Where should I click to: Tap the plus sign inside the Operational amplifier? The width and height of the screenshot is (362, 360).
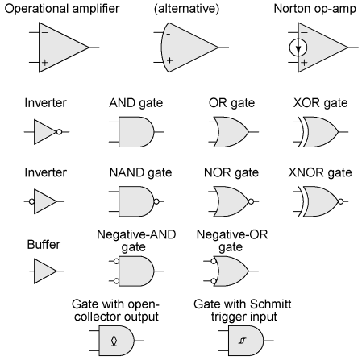45,63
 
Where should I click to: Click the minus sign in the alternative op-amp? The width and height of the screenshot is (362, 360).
169,35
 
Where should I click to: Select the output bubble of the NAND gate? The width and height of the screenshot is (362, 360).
156,201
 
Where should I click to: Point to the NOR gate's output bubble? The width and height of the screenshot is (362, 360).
251,201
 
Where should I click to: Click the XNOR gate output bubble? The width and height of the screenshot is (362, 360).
340,201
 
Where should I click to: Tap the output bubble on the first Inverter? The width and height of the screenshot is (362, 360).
59,132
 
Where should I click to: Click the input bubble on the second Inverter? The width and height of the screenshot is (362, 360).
31,201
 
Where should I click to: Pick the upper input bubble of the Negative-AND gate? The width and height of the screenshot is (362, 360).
116,261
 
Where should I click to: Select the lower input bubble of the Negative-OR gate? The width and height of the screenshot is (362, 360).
214,281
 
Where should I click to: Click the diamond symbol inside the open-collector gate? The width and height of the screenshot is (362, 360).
114,341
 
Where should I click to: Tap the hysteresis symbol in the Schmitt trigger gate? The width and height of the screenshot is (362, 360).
242,341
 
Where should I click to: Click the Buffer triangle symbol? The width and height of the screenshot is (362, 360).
45,271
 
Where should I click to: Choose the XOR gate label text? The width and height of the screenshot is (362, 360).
320,103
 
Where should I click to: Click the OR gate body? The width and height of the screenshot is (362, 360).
231,132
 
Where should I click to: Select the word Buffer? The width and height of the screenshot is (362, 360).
44,245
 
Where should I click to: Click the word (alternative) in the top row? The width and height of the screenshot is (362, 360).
186,9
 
